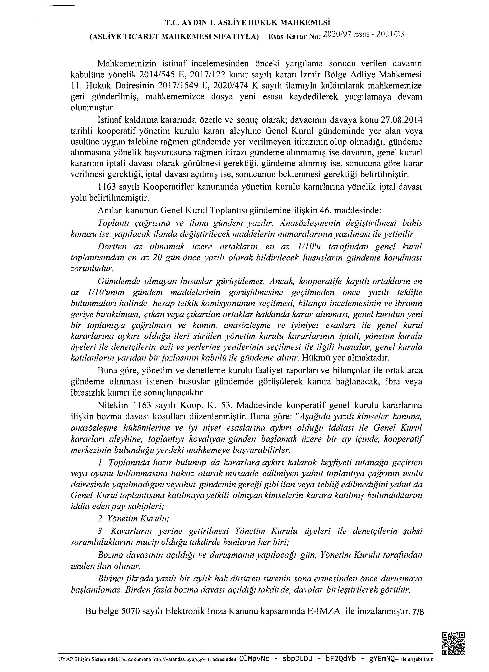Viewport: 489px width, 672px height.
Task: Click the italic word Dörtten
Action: click(112, 247)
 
